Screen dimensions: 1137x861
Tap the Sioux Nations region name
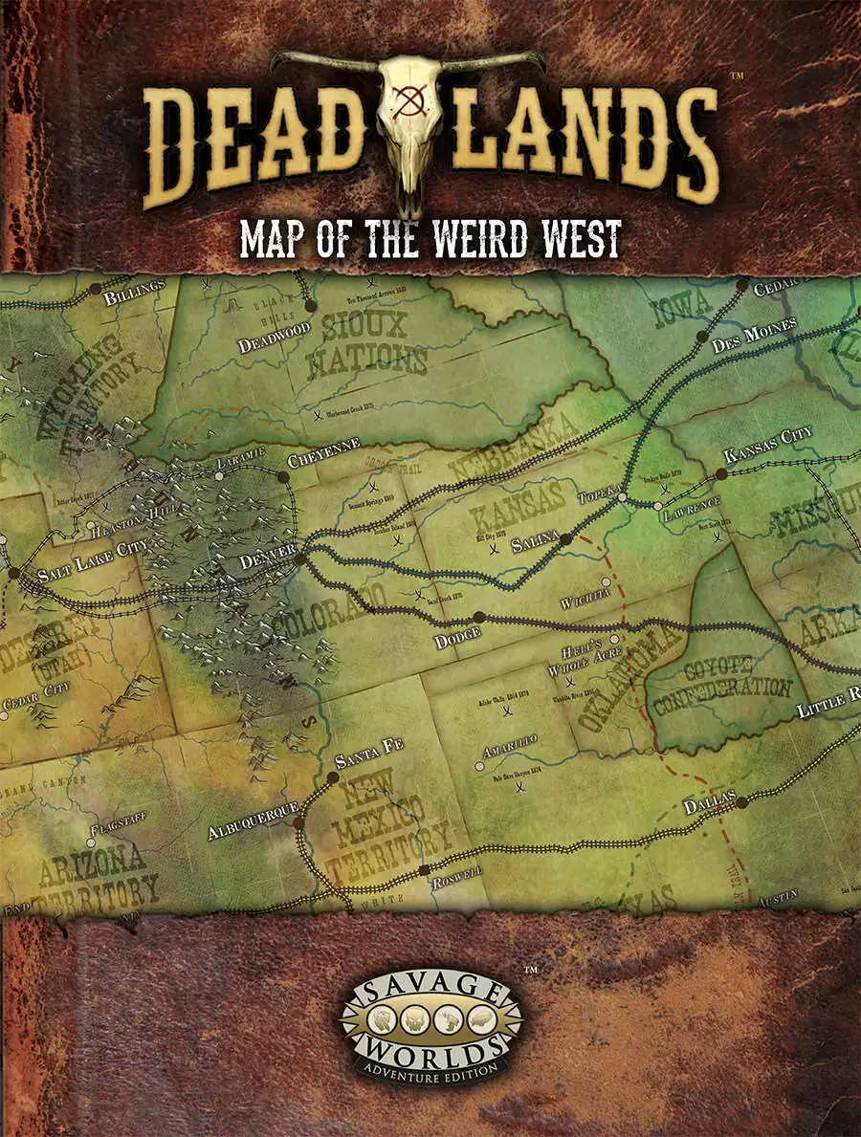pos(374,344)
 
